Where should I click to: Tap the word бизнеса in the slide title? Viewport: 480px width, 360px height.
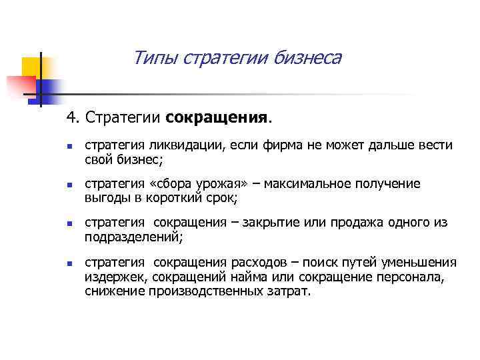click(x=307, y=58)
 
